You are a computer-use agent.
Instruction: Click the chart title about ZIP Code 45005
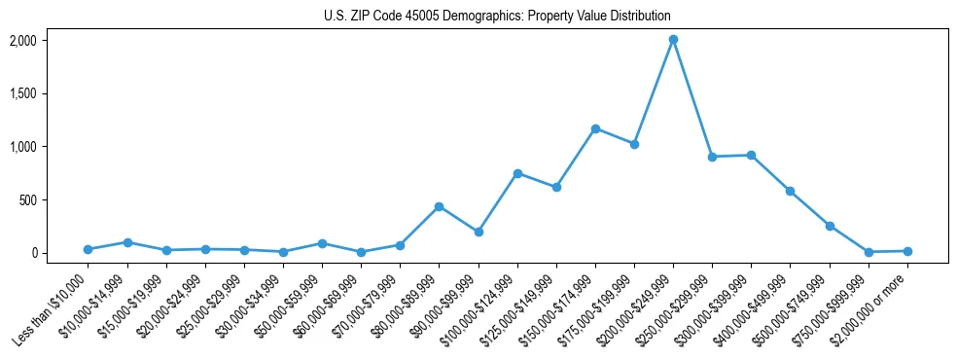coord(497,17)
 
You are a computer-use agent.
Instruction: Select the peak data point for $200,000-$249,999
coord(673,40)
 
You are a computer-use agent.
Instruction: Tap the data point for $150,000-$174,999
coord(595,128)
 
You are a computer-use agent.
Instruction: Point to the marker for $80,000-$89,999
coord(439,206)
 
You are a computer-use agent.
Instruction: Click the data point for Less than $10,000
coord(88,249)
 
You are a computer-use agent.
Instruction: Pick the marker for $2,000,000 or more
coord(907,251)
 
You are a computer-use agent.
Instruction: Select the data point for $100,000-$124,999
coord(517,173)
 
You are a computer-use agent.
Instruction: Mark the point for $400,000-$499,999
coord(791,191)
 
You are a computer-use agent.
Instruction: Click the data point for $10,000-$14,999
coord(126,242)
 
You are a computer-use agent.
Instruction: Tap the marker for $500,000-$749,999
coord(830,226)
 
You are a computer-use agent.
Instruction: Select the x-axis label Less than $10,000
coord(53,309)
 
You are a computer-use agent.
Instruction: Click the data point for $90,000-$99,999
coord(478,232)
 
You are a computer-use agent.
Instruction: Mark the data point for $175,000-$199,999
coord(634,144)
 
